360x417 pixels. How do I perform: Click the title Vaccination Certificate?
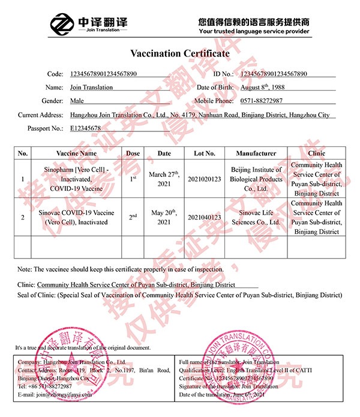coord(180,53)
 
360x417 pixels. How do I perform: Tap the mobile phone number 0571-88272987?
coord(261,101)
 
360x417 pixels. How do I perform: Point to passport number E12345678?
coord(85,128)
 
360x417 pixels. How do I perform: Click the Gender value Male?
coord(77,101)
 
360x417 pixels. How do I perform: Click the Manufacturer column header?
coord(256,153)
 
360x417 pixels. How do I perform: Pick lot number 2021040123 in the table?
coord(204,217)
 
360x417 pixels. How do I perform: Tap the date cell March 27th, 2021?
coord(164,179)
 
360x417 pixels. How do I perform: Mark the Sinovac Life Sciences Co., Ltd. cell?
coord(256,217)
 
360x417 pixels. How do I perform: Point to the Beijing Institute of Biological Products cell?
coord(256,179)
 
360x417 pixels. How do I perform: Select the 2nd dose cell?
coord(133,217)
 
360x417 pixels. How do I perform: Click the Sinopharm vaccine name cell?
coord(76,179)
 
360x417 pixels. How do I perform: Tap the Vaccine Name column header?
coord(76,153)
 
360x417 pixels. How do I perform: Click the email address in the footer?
coord(55,395)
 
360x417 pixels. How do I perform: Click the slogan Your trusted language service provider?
coord(254,31)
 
